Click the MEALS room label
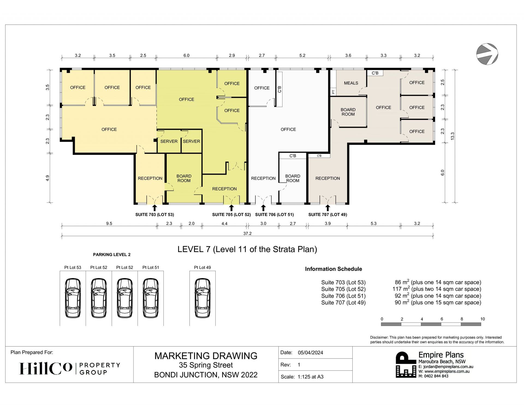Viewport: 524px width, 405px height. coord(351,83)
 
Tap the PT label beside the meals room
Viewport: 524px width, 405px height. coord(333,92)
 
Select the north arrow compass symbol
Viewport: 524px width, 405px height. coord(487,54)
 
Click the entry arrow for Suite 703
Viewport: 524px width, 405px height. coord(154,208)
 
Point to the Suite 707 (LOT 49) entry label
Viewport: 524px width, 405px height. coord(327,215)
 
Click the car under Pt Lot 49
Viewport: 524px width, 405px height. coord(203,298)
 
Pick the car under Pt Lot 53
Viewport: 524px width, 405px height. coord(73,298)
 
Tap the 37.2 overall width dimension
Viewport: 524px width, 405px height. coord(247,233)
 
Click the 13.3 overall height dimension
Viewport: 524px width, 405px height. coord(452,136)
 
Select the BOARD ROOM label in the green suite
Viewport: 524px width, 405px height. coord(184,178)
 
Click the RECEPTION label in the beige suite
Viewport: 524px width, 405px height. coord(327,178)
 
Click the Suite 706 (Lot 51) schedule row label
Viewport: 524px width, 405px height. coord(343,296)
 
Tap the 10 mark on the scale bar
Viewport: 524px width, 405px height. coord(483,319)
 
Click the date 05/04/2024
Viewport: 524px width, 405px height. coord(310,353)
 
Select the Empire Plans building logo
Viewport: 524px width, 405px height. coord(406,365)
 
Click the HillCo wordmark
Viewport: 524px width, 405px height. coord(46,368)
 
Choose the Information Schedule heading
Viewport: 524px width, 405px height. coord(334,269)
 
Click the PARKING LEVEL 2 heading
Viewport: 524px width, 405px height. coord(112,255)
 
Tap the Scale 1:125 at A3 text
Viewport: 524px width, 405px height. coord(302,377)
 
